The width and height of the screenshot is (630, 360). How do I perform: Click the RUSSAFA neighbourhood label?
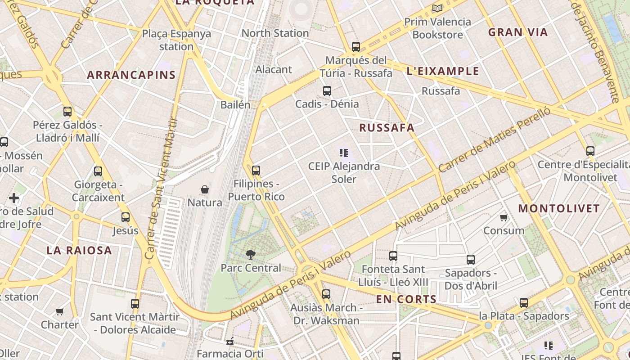coord(387,128)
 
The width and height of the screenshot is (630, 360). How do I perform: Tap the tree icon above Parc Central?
coord(250,255)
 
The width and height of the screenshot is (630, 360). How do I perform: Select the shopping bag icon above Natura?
coord(205,189)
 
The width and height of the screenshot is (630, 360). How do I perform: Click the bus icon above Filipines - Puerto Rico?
coord(256,171)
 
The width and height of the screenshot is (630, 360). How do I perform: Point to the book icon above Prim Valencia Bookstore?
coord(437,8)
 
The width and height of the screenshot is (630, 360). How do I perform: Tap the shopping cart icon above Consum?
coord(504,218)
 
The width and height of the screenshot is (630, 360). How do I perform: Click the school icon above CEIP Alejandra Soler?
coord(344,153)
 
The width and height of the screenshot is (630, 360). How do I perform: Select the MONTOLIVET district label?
coord(559,209)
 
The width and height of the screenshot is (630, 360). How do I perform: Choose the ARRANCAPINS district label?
coord(131,75)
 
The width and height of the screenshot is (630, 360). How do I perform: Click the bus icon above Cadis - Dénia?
coord(327,91)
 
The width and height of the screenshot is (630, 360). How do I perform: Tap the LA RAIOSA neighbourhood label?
coord(79,251)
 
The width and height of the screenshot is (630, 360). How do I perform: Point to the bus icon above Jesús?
coord(126,217)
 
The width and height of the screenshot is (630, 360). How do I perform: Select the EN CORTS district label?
coord(406,299)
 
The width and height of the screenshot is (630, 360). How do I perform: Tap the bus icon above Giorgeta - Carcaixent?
coord(98,171)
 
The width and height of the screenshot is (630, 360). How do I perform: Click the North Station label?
coord(275,33)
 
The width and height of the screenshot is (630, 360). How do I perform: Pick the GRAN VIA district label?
coord(518,32)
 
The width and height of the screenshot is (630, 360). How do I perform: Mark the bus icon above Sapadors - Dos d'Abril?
coord(471,260)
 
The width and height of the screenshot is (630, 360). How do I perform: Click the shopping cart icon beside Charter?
coord(60,311)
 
